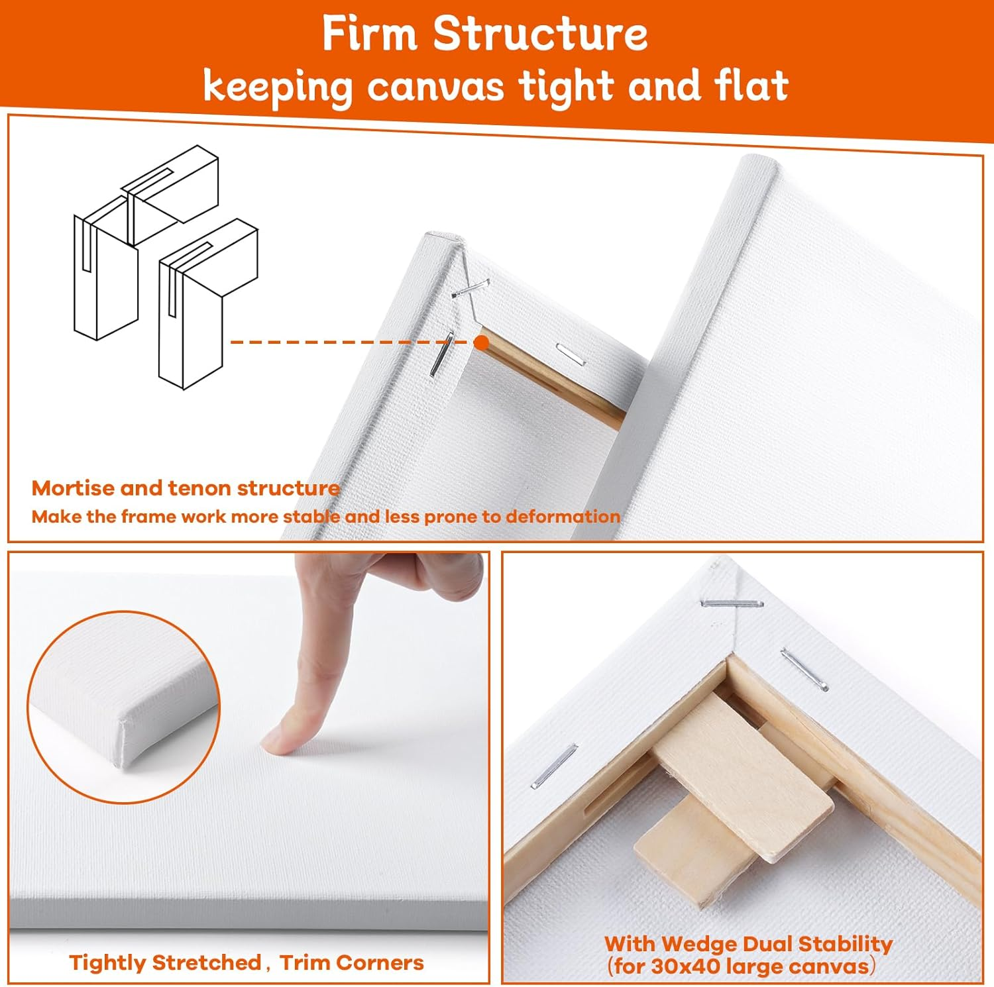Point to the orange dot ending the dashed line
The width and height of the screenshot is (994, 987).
pyautogui.click(x=482, y=342)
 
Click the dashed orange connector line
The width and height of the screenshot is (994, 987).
pyautogui.click(x=353, y=342)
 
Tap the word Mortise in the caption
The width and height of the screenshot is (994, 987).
pyautogui.click(x=73, y=488)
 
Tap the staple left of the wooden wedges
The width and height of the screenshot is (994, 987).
pyautogui.click(x=554, y=766)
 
